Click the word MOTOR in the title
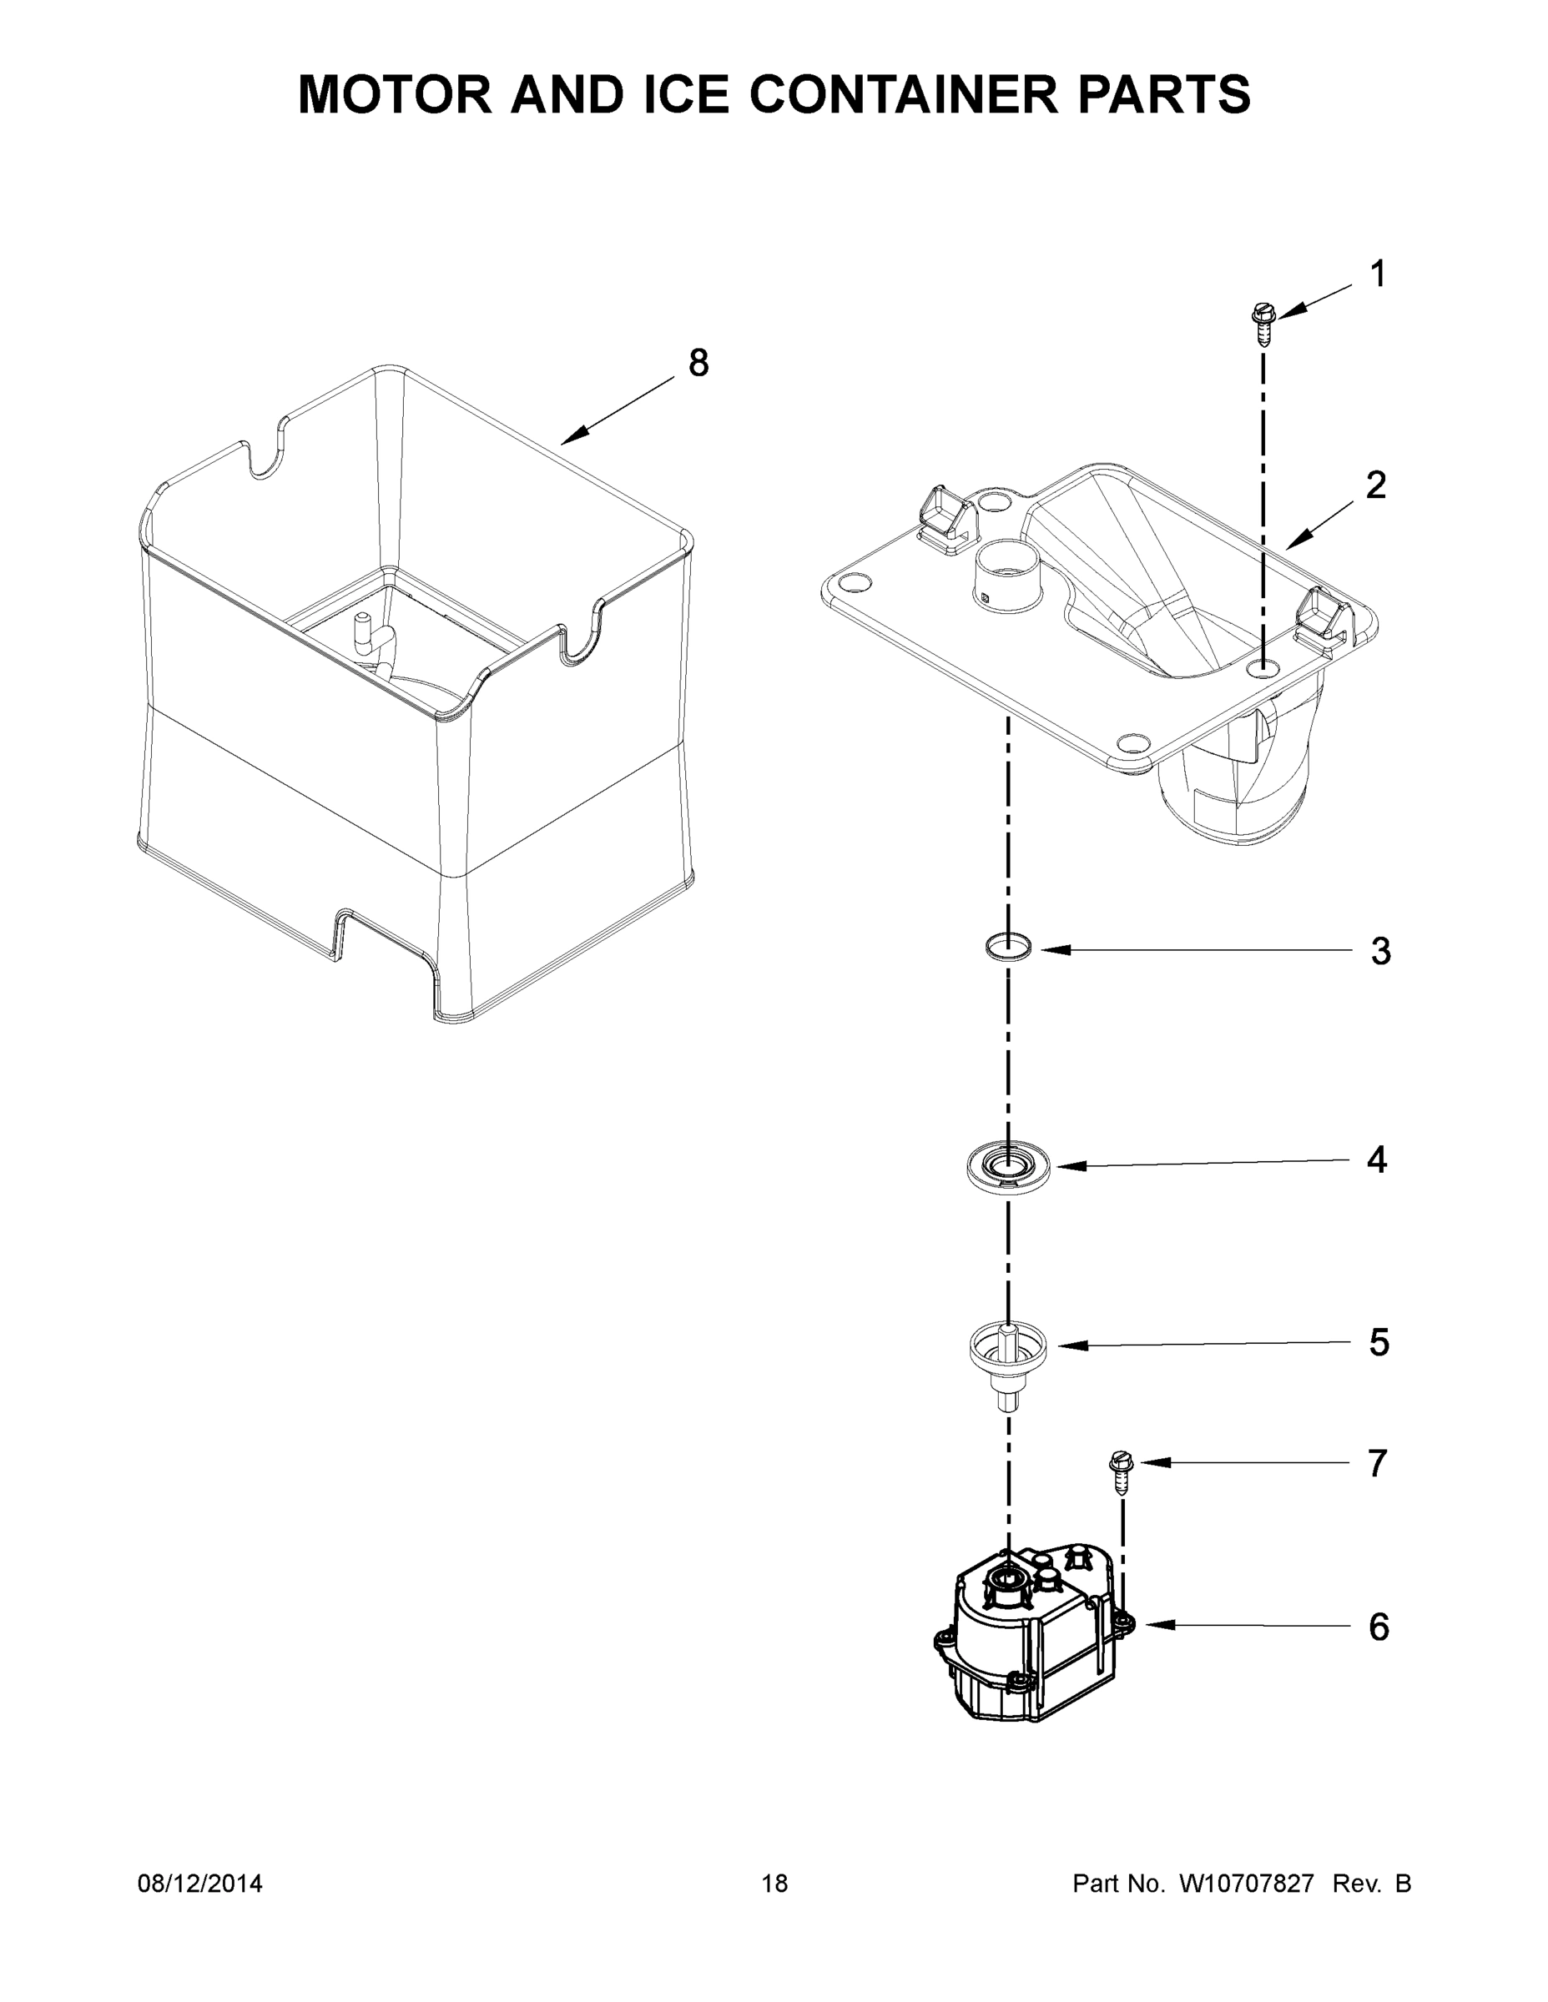click(x=396, y=94)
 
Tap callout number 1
click(x=1378, y=274)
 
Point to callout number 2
click(x=1375, y=485)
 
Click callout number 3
click(x=1381, y=952)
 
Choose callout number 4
click(x=1378, y=1159)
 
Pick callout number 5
click(x=1379, y=1342)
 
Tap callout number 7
click(x=1378, y=1464)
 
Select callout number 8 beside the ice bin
click(x=698, y=364)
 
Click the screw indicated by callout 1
click(x=1263, y=324)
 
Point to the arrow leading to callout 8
click(x=619, y=410)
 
